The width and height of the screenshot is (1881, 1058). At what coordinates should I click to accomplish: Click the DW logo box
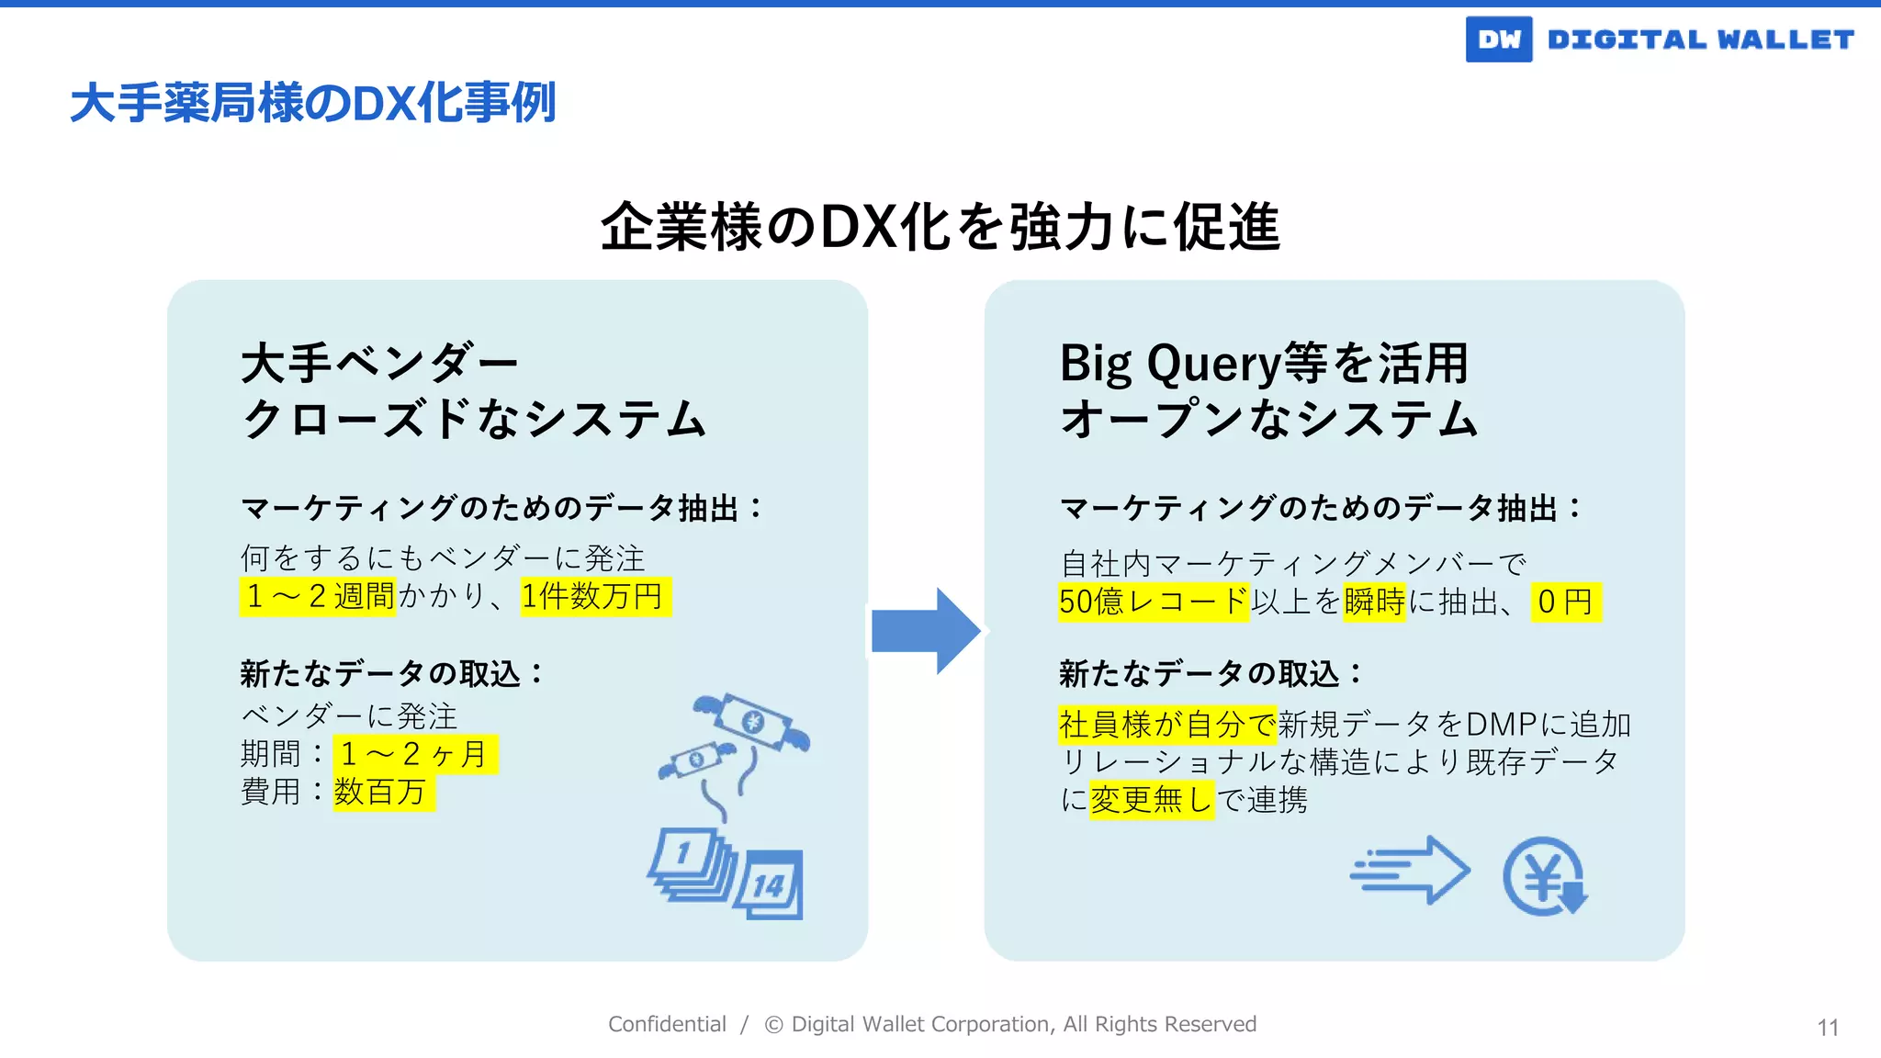(1498, 39)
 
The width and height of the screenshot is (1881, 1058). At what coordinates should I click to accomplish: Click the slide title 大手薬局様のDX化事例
(313, 102)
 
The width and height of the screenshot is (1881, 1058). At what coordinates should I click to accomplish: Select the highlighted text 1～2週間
(318, 597)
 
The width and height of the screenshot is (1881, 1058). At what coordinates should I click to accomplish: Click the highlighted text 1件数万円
(595, 597)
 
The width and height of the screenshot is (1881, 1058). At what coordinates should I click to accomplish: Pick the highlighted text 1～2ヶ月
(415, 754)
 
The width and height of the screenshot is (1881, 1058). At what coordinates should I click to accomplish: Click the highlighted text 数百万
(383, 792)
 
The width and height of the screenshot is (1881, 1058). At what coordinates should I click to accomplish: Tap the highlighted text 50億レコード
(1153, 602)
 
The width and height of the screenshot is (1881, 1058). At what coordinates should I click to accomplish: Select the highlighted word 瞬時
(1374, 602)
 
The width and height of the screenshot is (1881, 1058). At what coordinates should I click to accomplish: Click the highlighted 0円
(1565, 602)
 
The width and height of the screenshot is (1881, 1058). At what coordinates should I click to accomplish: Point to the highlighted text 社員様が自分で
(1166, 725)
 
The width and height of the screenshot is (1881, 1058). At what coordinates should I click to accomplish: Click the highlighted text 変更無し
(1151, 800)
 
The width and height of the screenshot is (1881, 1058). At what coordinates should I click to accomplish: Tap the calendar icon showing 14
(770, 884)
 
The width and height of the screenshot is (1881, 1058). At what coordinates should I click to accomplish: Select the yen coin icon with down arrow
(1545, 876)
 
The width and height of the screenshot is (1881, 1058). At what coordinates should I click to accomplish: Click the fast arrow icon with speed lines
(1410, 870)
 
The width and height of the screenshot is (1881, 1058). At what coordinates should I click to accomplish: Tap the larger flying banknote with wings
(753, 722)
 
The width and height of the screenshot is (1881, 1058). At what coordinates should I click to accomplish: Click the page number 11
(1827, 1028)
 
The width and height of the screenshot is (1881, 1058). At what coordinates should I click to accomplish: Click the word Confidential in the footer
(667, 1024)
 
